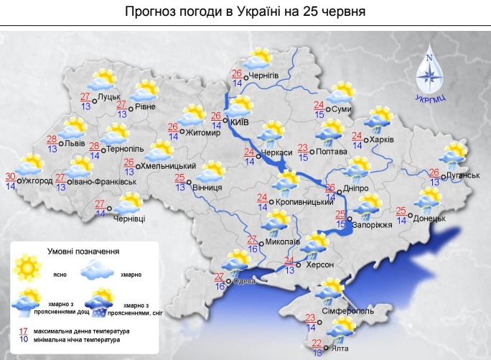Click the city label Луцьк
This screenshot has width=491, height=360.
109,96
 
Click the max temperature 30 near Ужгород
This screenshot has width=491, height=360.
11,177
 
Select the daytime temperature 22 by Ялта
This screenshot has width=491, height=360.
318,342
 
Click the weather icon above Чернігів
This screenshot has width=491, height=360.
257,57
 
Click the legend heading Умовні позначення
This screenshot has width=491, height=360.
83,251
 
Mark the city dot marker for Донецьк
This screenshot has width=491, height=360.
410,215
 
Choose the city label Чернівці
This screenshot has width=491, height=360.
129,218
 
